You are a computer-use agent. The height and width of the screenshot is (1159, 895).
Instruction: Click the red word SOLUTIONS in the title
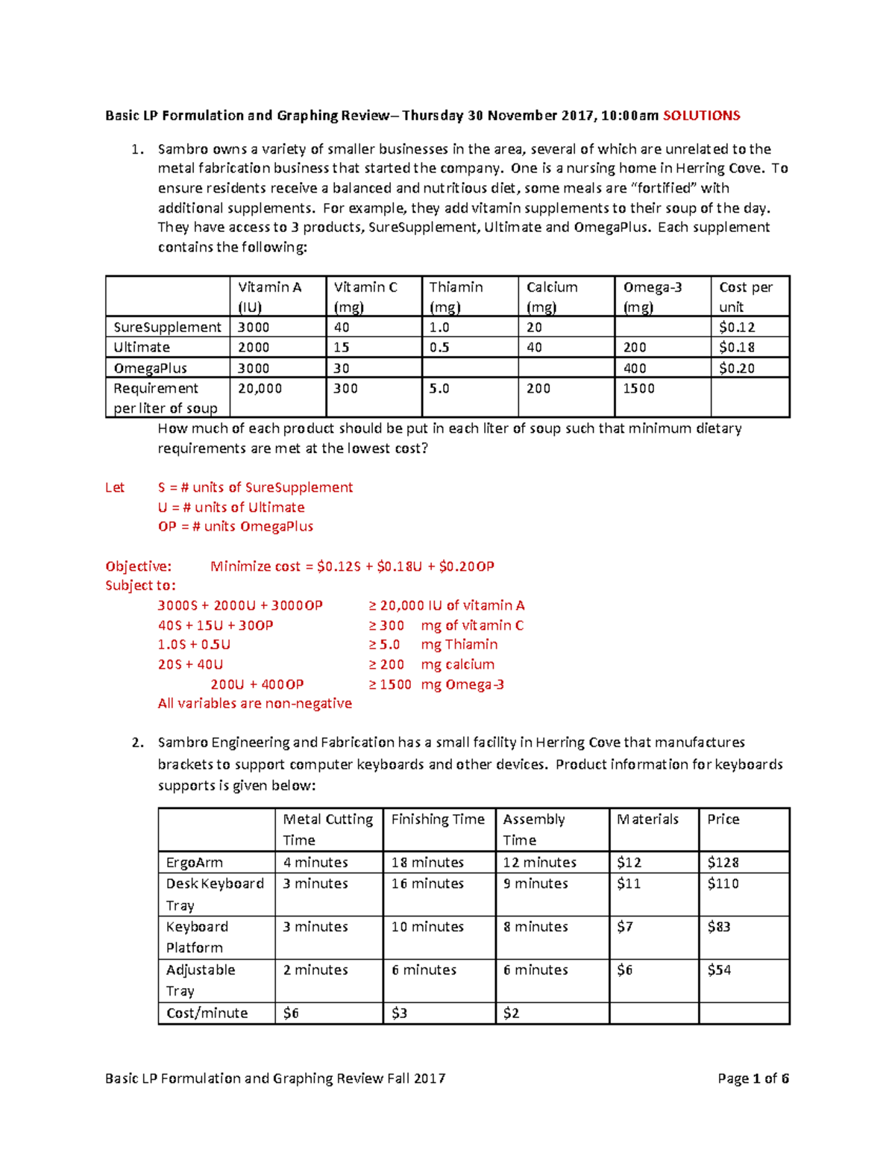click(x=701, y=116)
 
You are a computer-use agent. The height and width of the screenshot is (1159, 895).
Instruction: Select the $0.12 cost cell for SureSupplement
click(x=737, y=327)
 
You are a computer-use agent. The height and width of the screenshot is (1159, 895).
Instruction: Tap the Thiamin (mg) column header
click(x=456, y=296)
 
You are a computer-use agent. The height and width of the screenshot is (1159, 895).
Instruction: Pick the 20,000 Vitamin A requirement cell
click(x=260, y=389)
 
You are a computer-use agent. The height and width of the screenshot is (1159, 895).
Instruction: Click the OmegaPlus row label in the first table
click(x=150, y=368)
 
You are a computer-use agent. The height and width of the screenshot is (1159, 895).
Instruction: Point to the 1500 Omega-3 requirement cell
click(x=639, y=389)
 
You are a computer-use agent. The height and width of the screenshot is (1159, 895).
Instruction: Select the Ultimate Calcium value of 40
click(x=535, y=347)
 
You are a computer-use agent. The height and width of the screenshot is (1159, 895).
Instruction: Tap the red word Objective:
click(x=138, y=566)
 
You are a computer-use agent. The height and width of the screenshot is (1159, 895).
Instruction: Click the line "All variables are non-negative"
click(x=254, y=703)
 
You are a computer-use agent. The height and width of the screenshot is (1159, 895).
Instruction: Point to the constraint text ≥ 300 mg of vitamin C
click(x=446, y=625)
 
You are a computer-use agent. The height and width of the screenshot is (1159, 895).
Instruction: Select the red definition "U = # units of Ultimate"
click(x=231, y=507)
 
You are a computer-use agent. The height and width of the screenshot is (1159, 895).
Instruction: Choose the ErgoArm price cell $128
click(x=723, y=863)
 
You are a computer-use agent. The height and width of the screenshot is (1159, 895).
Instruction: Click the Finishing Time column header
click(x=438, y=819)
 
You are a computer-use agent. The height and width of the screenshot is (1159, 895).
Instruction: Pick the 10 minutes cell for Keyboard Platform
click(x=427, y=927)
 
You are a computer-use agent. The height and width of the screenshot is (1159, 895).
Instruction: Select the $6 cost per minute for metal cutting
click(x=291, y=1013)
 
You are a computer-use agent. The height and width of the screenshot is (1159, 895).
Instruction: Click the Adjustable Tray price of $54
click(x=719, y=970)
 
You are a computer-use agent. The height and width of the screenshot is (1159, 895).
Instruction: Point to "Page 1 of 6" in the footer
click(x=753, y=1078)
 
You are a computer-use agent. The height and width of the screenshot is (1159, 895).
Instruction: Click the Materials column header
click(x=647, y=819)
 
